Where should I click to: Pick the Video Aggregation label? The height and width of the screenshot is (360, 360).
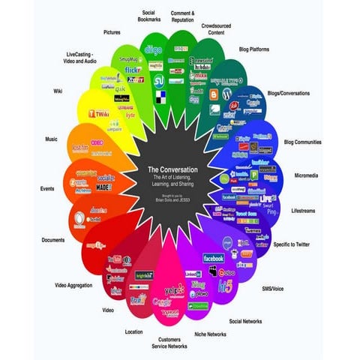(74, 285)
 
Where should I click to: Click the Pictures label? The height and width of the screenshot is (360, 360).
(113, 33)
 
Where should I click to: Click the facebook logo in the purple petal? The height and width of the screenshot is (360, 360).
(214, 258)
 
